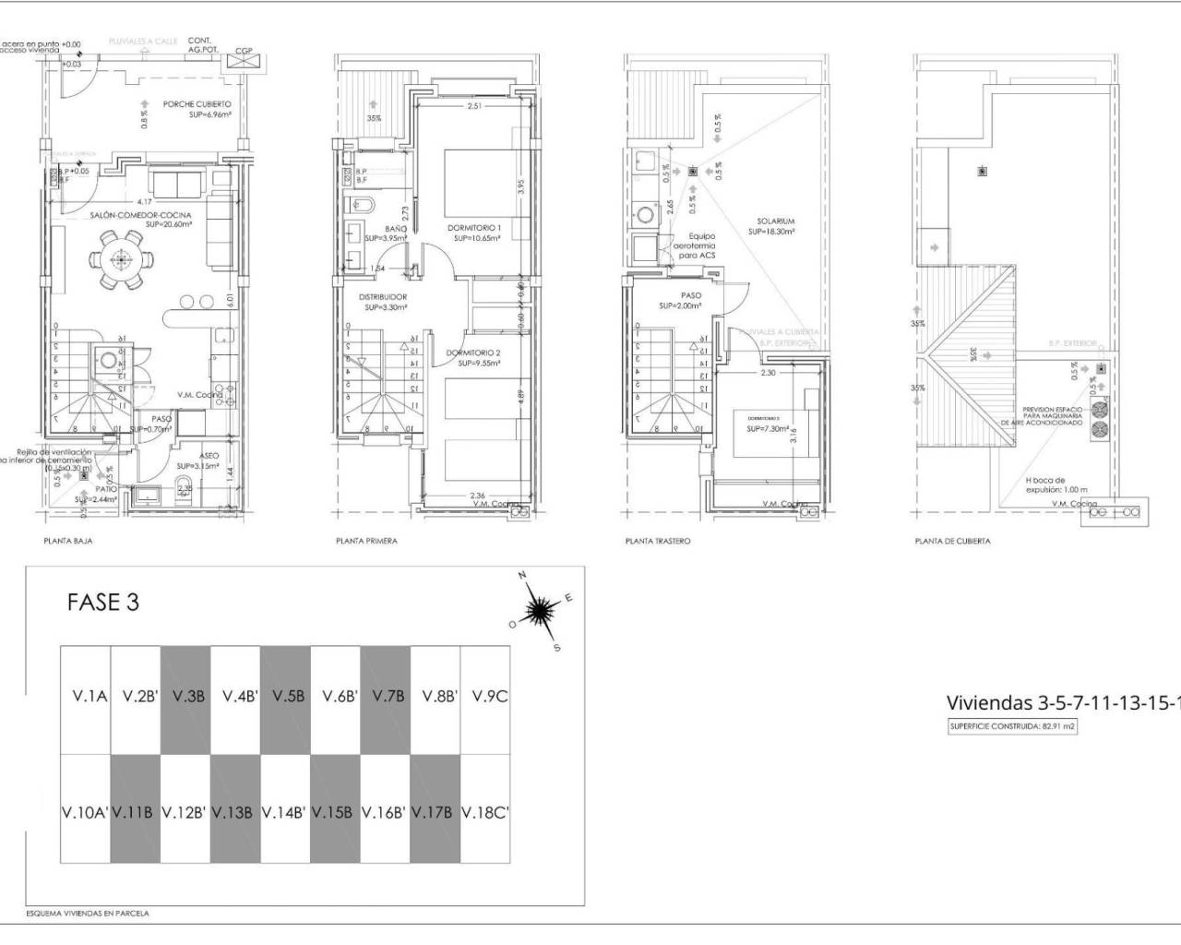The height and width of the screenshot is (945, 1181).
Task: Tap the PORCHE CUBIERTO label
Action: tap(197, 104)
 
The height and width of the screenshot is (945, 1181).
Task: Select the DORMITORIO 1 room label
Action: tap(474, 227)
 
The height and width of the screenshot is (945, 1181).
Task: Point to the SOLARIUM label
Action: tap(775, 221)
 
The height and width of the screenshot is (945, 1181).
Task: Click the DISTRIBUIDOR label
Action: tap(383, 296)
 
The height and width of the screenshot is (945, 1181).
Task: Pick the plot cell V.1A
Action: tap(86, 698)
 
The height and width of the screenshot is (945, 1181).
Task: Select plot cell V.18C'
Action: tap(484, 813)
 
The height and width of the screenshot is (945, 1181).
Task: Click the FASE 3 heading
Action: tap(103, 603)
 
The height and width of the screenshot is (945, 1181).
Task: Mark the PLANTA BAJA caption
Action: tap(68, 541)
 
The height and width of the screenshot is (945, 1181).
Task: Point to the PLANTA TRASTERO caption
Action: tap(657, 541)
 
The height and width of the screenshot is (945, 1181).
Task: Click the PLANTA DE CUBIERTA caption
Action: tap(952, 541)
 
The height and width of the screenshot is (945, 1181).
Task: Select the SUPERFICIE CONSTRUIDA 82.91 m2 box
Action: tap(1013, 726)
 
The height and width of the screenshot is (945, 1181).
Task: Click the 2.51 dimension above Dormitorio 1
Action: tap(474, 107)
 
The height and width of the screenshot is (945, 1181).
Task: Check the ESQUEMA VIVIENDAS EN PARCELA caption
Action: tap(88, 913)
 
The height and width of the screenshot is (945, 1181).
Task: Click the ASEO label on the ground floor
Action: tap(209, 455)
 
